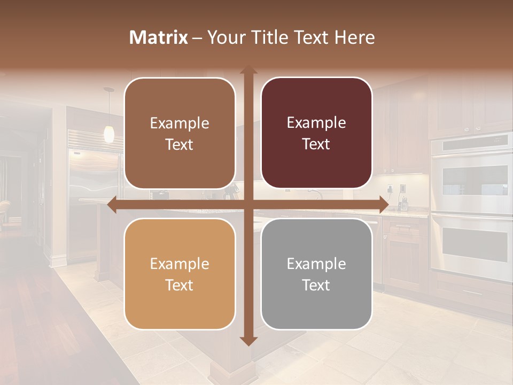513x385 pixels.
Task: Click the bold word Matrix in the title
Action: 159,37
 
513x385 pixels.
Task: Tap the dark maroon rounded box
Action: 316,133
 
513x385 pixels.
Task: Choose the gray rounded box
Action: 316,274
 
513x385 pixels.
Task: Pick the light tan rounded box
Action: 180,274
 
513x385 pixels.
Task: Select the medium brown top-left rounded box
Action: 180,133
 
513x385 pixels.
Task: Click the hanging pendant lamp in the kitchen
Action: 109,134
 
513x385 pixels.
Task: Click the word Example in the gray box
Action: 316,264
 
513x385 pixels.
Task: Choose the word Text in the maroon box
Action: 316,144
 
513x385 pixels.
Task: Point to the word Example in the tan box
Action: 180,264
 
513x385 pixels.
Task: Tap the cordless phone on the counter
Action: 404,203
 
